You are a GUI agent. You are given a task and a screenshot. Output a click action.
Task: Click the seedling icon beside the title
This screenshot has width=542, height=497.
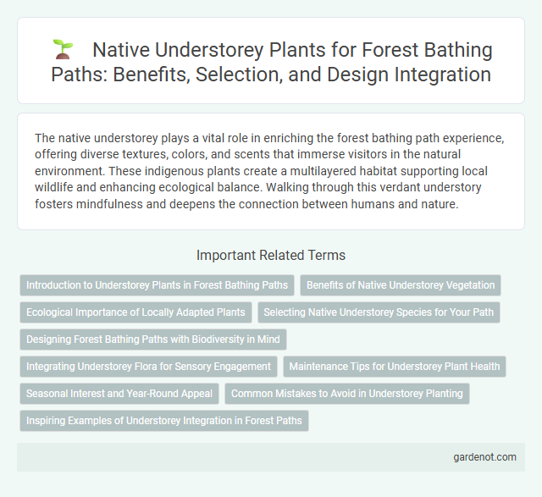pos(61,50)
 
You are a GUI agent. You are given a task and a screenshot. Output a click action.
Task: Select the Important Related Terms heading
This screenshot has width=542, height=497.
pos(270,255)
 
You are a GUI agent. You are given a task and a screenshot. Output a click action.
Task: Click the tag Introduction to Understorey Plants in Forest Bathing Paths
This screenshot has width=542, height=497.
pos(157,285)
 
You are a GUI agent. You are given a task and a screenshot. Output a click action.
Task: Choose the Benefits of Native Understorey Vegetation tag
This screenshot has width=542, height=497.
pos(401,285)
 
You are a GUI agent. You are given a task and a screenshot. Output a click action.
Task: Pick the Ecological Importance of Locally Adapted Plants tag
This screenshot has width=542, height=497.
pos(135,312)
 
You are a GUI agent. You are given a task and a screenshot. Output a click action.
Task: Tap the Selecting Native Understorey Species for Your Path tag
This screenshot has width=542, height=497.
pos(379,312)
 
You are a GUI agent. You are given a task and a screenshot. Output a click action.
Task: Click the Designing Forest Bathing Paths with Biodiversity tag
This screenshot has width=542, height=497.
pos(153,340)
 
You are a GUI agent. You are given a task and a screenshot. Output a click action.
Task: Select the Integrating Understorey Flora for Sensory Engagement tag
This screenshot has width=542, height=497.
pos(148,367)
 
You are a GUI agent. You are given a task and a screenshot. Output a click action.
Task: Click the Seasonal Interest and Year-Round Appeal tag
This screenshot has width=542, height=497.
pos(118,394)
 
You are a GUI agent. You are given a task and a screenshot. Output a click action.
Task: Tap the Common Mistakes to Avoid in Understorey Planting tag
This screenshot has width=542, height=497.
pos(346,394)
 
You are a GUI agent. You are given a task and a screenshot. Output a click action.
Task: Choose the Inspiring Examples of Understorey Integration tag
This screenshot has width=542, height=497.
pos(164,421)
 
